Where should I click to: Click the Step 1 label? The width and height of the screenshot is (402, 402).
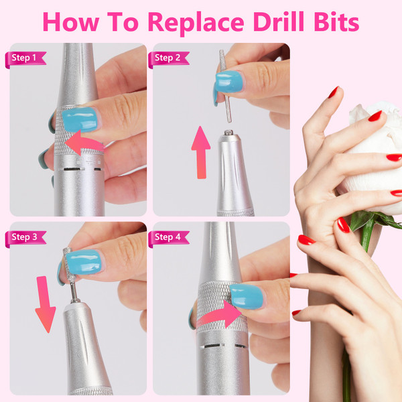(x=25, y=58)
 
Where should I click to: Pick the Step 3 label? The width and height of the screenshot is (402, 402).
(x=25, y=237)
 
